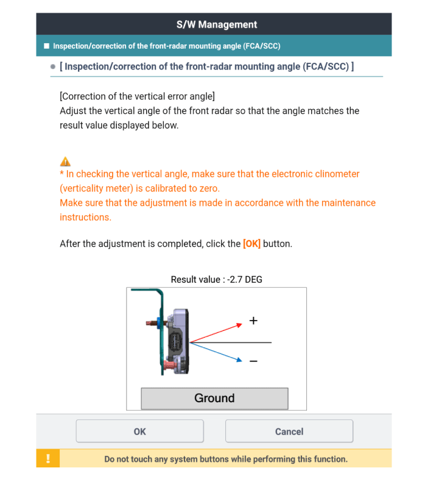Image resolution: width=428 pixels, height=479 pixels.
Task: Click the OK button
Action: (139, 431)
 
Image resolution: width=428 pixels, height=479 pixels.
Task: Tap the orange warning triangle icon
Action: (65, 161)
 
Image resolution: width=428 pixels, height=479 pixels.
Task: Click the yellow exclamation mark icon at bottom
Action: (48, 458)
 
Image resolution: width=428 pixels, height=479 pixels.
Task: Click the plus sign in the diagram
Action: (254, 321)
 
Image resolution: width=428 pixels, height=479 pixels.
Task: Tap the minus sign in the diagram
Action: (253, 361)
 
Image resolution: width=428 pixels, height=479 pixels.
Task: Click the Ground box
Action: (214, 399)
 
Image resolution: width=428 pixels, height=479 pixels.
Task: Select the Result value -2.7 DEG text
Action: (217, 280)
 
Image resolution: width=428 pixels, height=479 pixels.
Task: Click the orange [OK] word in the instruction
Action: (251, 244)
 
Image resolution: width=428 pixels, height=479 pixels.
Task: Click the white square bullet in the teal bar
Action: (46, 46)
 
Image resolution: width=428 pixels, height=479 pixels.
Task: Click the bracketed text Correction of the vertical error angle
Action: (137, 96)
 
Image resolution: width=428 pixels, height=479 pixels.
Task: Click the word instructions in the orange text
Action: (85, 217)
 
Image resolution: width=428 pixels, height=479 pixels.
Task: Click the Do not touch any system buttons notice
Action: (226, 459)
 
